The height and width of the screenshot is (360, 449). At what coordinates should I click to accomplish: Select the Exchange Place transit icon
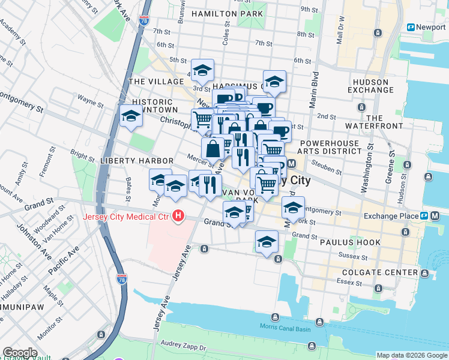(424, 216)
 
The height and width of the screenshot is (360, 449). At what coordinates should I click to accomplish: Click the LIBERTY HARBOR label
(137, 161)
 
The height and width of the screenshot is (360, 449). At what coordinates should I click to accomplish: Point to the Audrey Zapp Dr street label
(183, 347)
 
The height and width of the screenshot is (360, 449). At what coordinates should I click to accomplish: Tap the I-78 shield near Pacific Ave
(122, 280)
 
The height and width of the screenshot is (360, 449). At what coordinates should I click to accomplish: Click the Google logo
(20, 353)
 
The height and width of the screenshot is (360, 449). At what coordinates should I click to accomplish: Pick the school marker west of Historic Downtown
(130, 116)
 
